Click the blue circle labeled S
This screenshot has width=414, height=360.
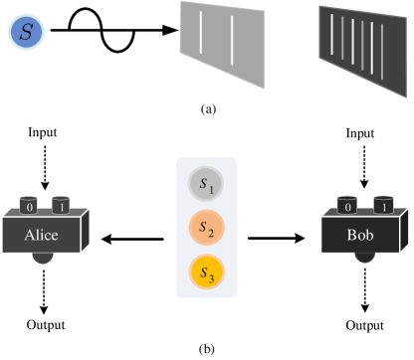27,33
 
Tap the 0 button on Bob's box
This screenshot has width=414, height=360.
347,206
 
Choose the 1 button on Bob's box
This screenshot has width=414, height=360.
379,206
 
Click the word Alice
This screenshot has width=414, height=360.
42,236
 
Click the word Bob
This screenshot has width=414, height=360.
360,236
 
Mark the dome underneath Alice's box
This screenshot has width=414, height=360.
43,258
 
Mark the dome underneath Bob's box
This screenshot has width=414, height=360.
365,258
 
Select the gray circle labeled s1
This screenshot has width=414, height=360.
207,184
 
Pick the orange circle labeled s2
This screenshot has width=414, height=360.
207,228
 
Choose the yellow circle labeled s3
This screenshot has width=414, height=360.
207,270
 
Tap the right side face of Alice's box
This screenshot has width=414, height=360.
85,230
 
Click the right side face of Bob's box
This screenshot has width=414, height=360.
405,230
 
